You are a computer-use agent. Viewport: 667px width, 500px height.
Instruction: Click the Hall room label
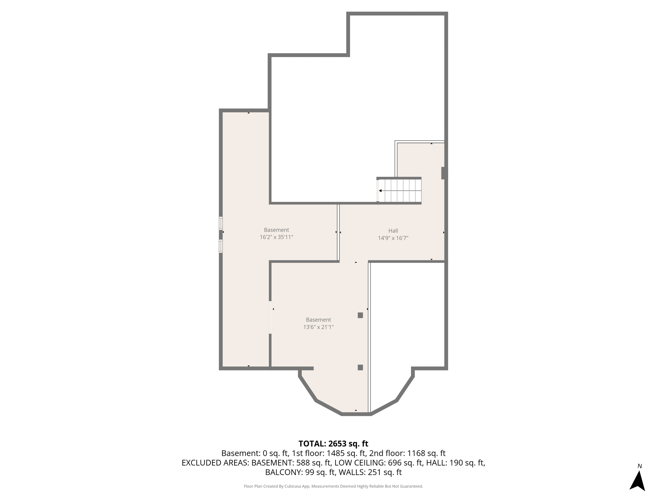coord(393,231)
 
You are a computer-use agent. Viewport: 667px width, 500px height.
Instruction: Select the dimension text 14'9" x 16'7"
coord(393,238)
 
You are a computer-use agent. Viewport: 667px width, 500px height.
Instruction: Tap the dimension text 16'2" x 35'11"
coord(277,237)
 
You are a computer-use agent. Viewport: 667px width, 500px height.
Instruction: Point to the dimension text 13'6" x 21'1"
coord(319,327)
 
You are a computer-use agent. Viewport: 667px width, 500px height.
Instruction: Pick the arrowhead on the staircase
coord(380,191)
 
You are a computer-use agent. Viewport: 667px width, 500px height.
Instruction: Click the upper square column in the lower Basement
coord(360,315)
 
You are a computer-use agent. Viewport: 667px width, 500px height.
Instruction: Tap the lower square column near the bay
coord(360,368)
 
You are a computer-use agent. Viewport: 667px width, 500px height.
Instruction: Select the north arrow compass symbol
coord(637,480)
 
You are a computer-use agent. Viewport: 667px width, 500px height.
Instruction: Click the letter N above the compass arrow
coord(640,466)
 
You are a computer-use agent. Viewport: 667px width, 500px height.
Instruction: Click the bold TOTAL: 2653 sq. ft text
coord(333,444)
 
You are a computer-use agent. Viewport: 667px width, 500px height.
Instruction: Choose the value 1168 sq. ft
coord(426,453)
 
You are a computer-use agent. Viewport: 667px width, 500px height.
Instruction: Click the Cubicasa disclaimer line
coord(333,486)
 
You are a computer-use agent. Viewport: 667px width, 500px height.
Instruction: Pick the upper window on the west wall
coord(221,223)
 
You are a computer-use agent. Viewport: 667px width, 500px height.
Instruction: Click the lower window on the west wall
coord(221,246)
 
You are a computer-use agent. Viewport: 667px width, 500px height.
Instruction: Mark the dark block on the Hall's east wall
coord(444,173)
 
